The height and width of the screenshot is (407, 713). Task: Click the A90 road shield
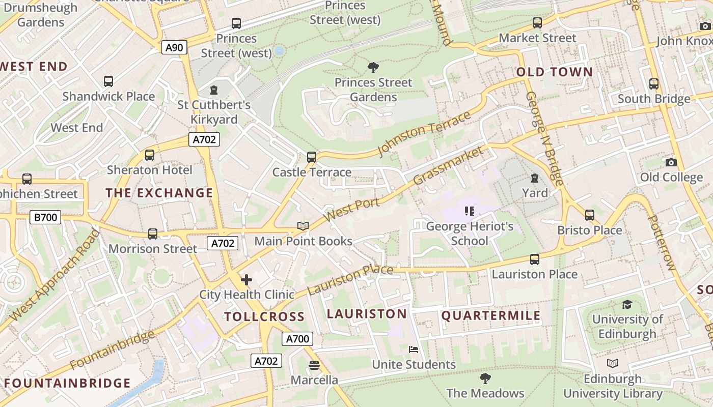coord(175,48)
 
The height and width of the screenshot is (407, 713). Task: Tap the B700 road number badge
coord(45,218)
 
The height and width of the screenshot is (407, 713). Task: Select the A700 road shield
coord(297,339)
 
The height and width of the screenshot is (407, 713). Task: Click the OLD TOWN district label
coord(555,72)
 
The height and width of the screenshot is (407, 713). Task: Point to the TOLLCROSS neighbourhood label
coord(264,316)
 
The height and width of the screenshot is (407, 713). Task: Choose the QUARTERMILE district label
coord(491,316)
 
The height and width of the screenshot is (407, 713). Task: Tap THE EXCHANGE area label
coord(159,193)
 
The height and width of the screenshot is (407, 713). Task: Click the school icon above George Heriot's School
coord(470,211)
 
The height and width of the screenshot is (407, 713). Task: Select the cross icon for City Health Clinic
coord(246,280)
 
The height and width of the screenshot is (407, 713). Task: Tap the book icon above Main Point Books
coord(303,226)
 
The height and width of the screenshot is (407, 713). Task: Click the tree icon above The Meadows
coord(485,378)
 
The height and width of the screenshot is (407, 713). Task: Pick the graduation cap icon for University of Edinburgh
coord(627,304)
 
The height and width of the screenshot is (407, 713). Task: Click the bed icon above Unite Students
coord(414,350)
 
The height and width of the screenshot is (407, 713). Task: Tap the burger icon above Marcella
coord(314,365)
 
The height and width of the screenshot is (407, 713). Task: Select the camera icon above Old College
coord(671,162)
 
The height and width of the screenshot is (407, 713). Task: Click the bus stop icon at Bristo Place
coord(590,215)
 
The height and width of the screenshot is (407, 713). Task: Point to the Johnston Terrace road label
coord(424,134)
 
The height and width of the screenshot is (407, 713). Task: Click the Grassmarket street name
coord(448,165)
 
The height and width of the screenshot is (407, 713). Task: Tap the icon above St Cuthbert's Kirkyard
coord(214,90)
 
